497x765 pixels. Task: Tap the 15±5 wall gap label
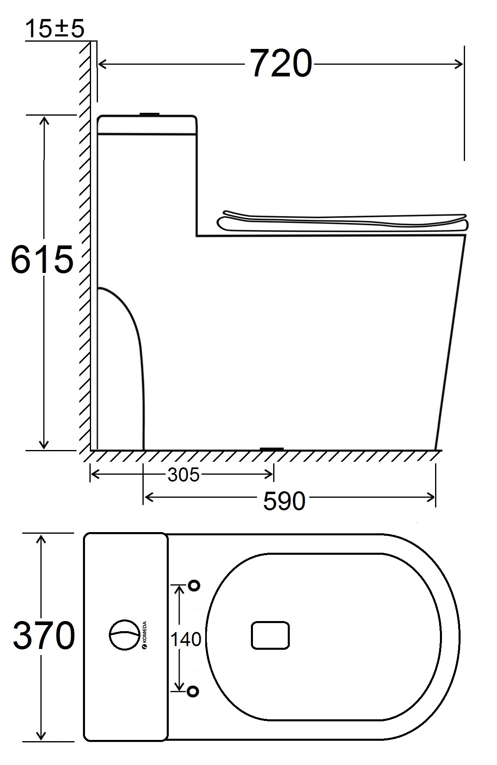55,29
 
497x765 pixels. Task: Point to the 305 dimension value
184,475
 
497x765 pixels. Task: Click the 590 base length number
284,501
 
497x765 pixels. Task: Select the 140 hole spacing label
186,639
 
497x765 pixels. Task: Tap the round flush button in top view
125,635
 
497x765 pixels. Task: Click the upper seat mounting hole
194,585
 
